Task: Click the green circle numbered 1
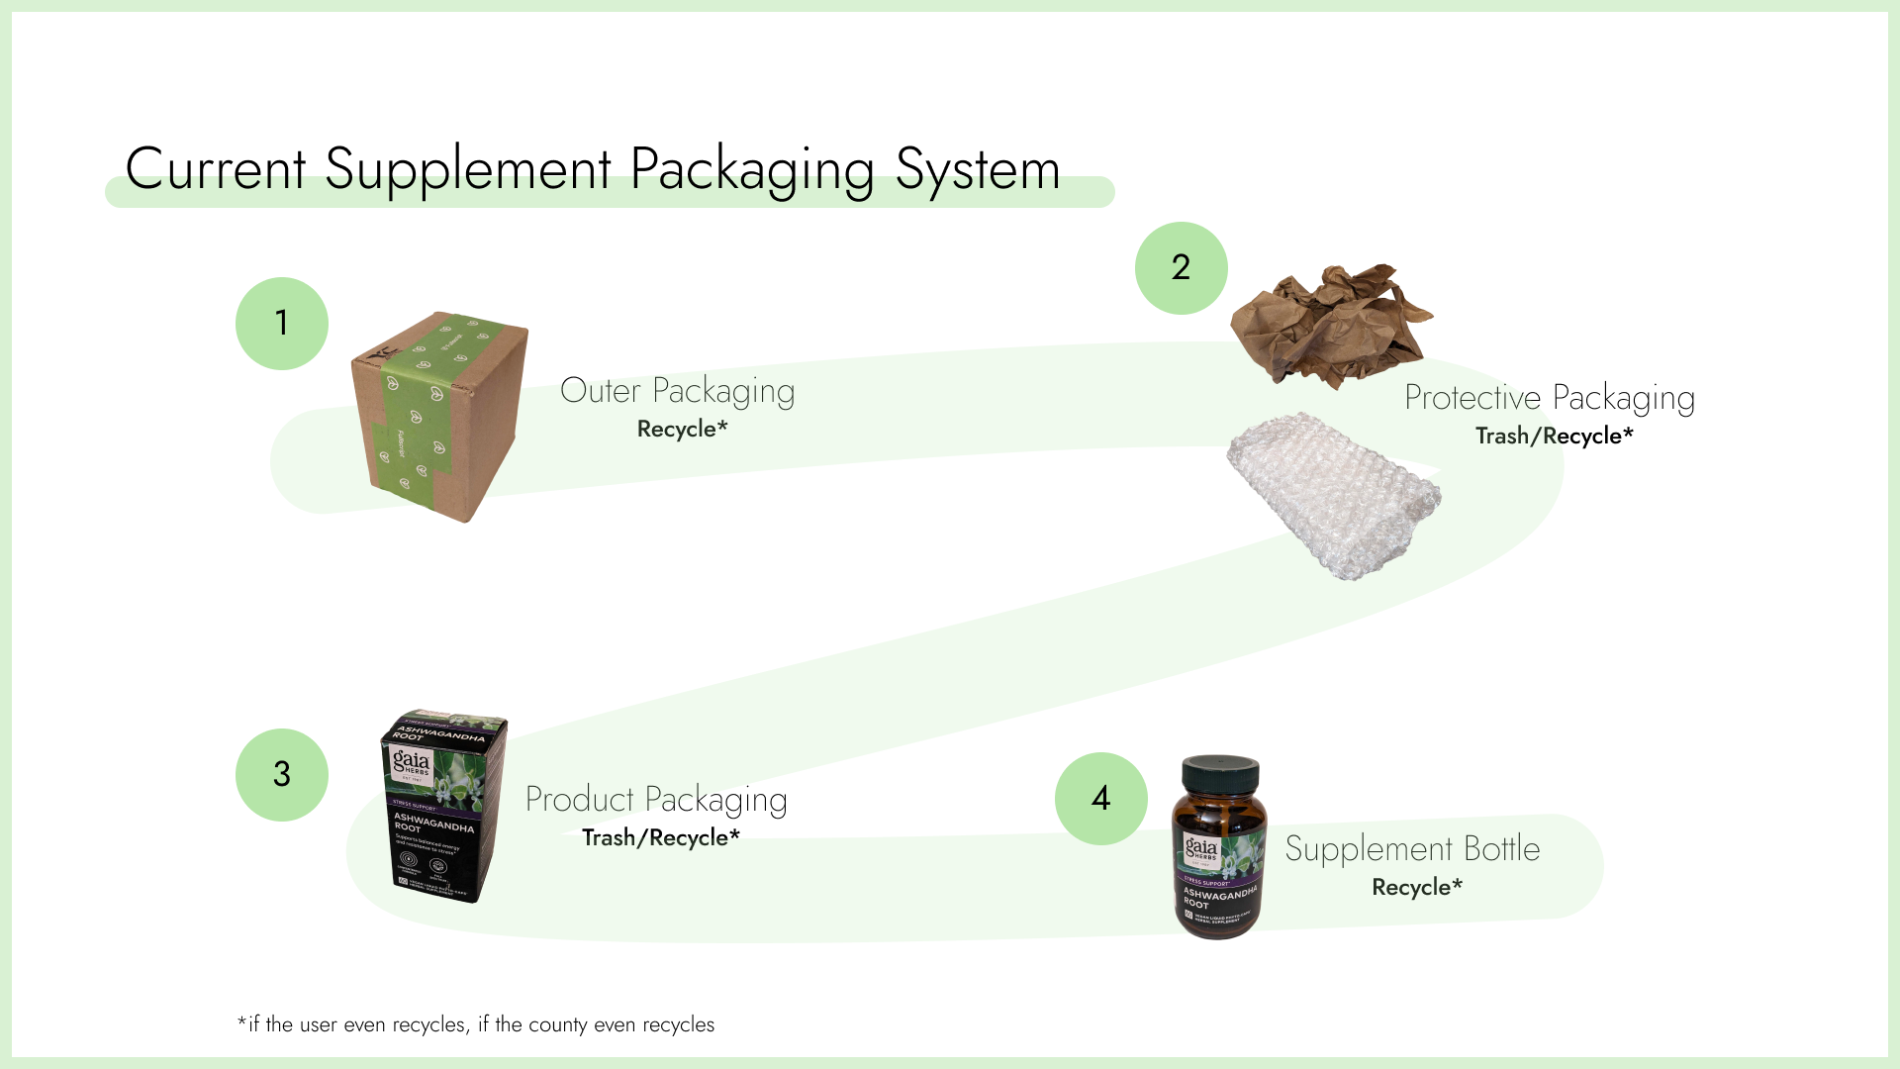282,324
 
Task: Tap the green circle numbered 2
1181,268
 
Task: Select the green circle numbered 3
282,775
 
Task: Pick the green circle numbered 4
1100,799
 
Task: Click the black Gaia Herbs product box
442,806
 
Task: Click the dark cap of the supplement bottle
1221,776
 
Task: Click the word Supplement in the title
467,169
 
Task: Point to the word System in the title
977,169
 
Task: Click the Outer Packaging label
677,391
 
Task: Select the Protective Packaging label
1549,398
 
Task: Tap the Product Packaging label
655,800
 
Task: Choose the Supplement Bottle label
1412,849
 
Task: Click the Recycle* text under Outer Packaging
682,429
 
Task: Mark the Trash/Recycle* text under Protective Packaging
1554,436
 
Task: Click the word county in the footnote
557,1024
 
